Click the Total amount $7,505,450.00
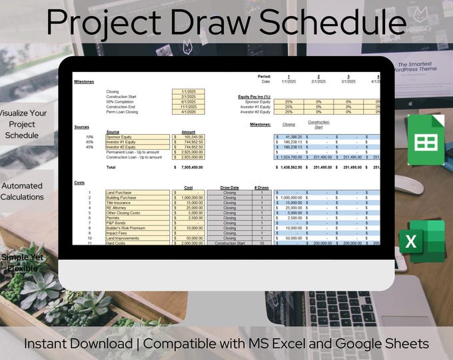pyautogui.click(x=189, y=167)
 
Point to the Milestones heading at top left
pyautogui.click(x=83, y=81)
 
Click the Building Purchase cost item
pyautogui.click(x=121, y=198)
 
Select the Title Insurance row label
pyautogui.click(x=119, y=203)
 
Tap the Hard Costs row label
pyautogui.click(x=116, y=243)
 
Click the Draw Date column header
pyautogui.click(x=229, y=188)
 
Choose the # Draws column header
pyautogui.click(x=261, y=188)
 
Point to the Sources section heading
pyautogui.click(x=82, y=126)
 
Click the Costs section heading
pyautogui.click(x=79, y=182)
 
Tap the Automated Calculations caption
pyautogui.click(x=23, y=191)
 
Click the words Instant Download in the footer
pyautogui.click(x=79, y=344)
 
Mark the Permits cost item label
pyautogui.click(x=113, y=218)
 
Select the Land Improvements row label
pyautogui.click(x=123, y=238)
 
